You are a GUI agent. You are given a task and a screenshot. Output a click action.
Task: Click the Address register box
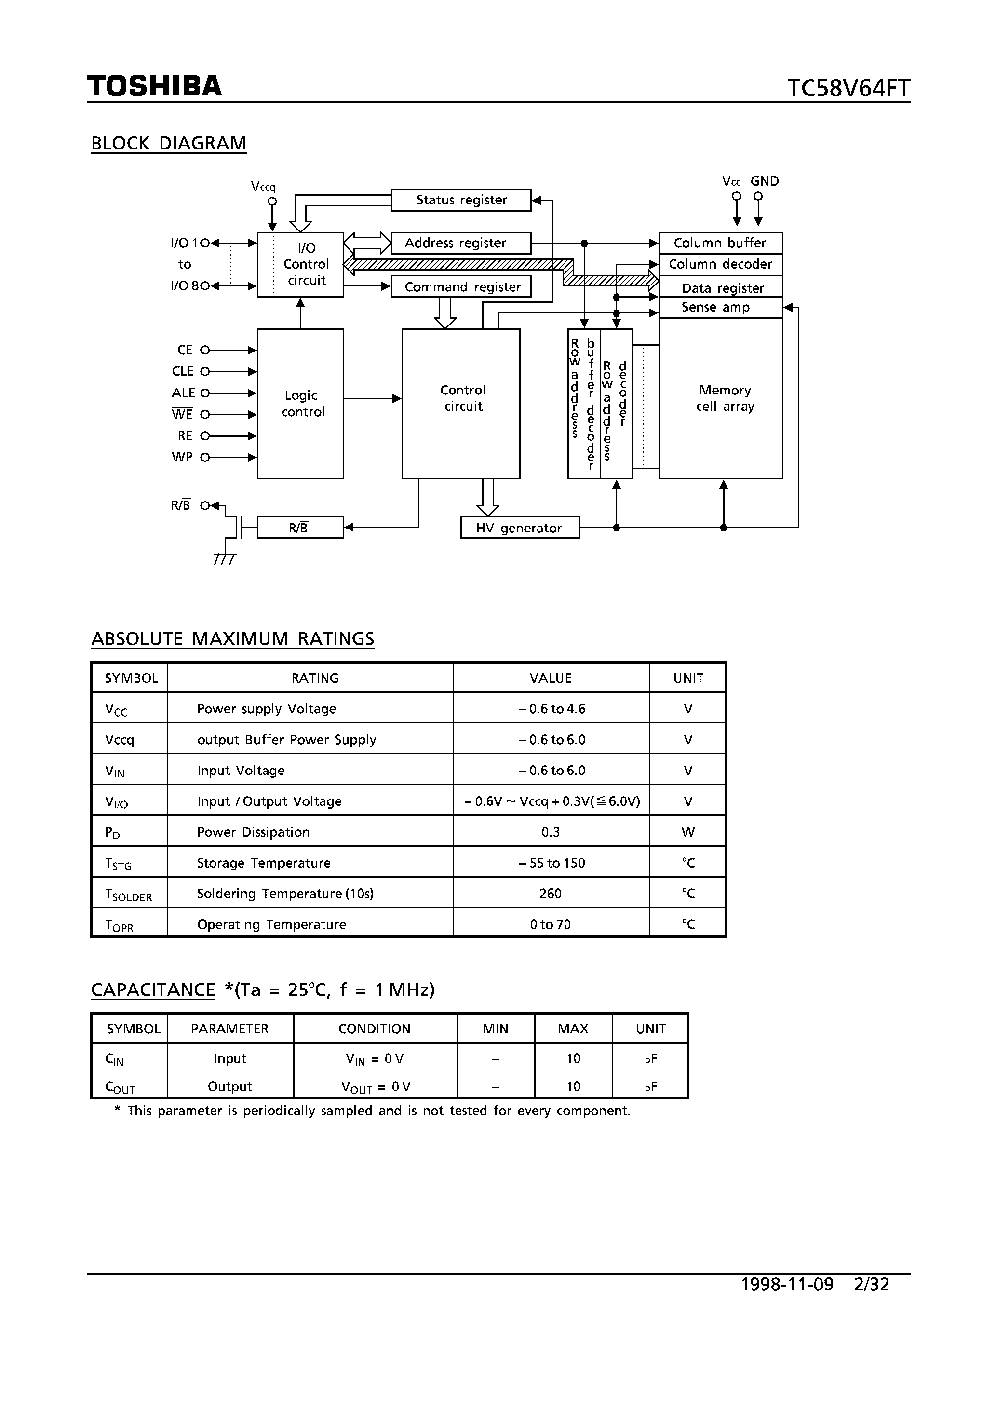460,243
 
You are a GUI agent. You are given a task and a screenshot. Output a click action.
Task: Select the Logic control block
300,404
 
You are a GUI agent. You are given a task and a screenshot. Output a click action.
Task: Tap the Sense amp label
715,307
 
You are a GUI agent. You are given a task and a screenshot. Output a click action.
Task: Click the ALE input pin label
183,393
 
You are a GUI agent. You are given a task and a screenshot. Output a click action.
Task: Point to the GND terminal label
765,182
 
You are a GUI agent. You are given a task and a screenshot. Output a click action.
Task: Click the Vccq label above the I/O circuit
263,187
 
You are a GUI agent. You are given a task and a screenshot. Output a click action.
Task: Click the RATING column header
314,678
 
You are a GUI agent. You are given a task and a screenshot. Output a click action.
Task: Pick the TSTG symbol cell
119,864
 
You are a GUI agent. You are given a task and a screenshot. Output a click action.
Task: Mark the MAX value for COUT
573,1086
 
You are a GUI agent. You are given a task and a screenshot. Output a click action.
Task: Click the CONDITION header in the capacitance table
374,1029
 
